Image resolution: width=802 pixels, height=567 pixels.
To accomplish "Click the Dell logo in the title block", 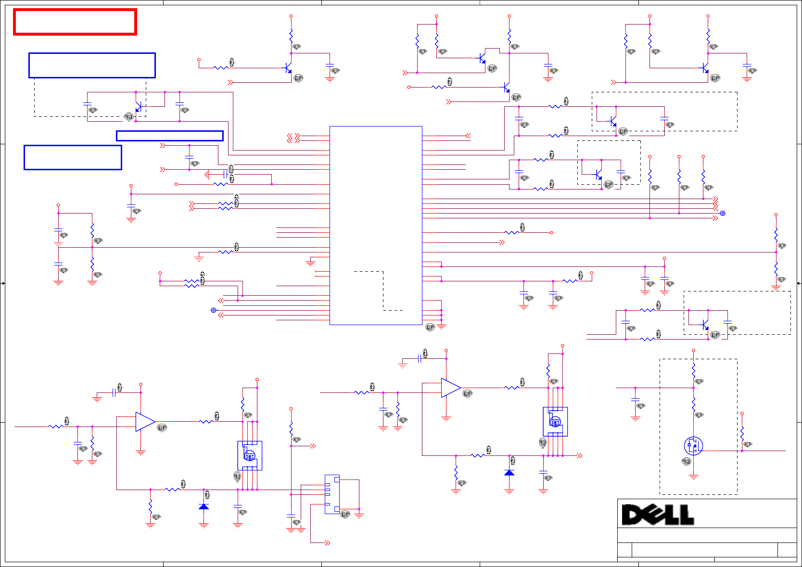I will pyautogui.click(x=658, y=515).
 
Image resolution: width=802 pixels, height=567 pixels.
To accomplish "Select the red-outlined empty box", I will pyautogui.click(x=75, y=22).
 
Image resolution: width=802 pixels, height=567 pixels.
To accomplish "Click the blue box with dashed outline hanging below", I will pyautogui.click(x=92, y=65).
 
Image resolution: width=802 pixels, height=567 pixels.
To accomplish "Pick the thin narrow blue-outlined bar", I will pyautogui.click(x=170, y=136).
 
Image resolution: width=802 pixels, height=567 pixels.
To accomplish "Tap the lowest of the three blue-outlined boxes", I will pyautogui.click(x=73, y=157).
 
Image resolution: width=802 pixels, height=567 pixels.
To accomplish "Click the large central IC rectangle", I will pyautogui.click(x=376, y=225).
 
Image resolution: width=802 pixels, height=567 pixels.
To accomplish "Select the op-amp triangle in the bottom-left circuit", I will pyautogui.click(x=144, y=422).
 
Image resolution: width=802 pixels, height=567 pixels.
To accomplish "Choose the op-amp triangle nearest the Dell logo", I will pyautogui.click(x=450, y=388).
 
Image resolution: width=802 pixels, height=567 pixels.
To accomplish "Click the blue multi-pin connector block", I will pyautogui.click(x=332, y=494).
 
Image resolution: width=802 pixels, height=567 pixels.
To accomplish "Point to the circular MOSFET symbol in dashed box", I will pyautogui.click(x=693, y=446).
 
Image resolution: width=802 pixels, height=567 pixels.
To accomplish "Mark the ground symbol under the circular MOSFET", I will pyautogui.click(x=693, y=477).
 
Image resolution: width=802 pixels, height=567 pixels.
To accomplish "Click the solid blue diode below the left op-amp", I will pyautogui.click(x=204, y=507).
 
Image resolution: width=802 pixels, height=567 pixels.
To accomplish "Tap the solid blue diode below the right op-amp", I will pyautogui.click(x=509, y=473).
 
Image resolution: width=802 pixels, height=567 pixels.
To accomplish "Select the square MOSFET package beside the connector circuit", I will pyautogui.click(x=250, y=455).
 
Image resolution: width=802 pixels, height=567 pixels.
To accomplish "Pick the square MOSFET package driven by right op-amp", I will pyautogui.click(x=555, y=422).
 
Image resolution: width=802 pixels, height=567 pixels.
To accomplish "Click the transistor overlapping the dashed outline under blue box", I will pyautogui.click(x=139, y=107).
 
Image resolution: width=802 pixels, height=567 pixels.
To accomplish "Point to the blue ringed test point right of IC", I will pyautogui.click(x=722, y=213).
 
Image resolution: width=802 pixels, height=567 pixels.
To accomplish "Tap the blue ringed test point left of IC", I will pyautogui.click(x=214, y=310).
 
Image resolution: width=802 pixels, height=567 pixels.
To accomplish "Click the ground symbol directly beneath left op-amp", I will pyautogui.click(x=140, y=453).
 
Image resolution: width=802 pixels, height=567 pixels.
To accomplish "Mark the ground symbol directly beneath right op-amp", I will pyautogui.click(x=446, y=418).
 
